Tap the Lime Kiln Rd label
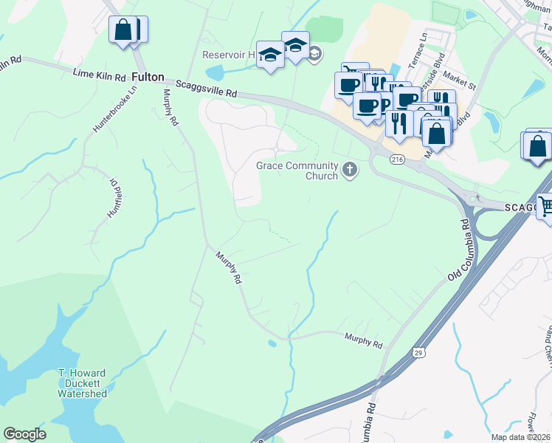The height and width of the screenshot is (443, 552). pyautogui.click(x=99, y=74)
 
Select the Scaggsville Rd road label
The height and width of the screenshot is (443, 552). pyautogui.click(x=206, y=89)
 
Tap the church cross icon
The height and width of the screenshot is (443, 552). pyautogui.click(x=351, y=171)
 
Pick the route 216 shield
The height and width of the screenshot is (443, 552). pyautogui.click(x=398, y=159)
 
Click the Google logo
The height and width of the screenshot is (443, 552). pyautogui.click(x=24, y=434)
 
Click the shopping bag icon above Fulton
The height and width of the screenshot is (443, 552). pyautogui.click(x=123, y=30)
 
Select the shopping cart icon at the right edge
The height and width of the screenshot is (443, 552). pyautogui.click(x=545, y=207)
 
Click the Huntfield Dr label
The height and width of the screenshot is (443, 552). pyautogui.click(x=113, y=199)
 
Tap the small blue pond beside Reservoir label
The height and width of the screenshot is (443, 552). pyautogui.click(x=215, y=72)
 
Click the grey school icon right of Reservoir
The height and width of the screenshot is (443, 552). pyautogui.click(x=315, y=54)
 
